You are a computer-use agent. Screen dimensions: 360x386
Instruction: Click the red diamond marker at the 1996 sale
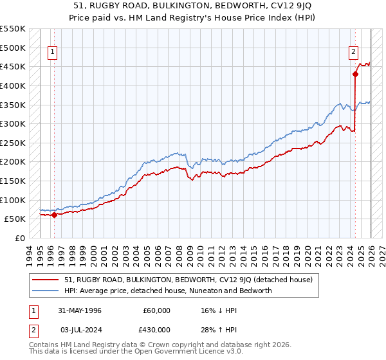(54, 215)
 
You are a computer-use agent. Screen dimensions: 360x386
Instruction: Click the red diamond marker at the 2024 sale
(355, 74)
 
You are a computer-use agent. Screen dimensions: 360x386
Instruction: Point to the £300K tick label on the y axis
(13, 123)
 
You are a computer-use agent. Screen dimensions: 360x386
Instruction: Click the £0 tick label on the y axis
(21, 239)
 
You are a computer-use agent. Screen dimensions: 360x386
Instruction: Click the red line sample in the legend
(46, 280)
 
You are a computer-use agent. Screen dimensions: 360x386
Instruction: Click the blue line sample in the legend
(46, 291)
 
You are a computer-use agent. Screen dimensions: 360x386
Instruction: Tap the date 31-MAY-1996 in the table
(83, 310)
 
